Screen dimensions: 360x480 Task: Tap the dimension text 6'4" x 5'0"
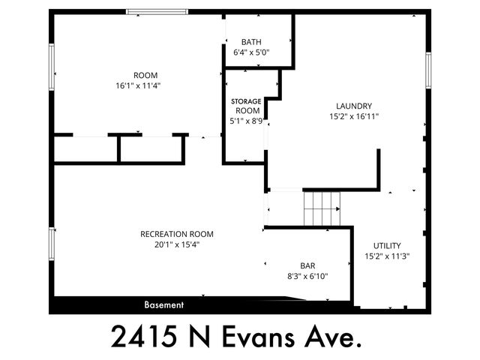[x=251, y=52]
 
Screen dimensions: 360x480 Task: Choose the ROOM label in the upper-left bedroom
[x=145, y=74]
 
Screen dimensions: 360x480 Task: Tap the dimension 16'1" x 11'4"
[x=145, y=85]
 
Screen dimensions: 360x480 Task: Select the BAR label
[x=307, y=265]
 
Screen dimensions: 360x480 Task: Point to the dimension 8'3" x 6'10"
[x=307, y=276]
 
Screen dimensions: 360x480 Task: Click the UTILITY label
[x=387, y=245]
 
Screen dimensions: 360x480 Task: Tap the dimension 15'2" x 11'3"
[x=387, y=256]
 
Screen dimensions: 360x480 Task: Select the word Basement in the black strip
[x=164, y=305]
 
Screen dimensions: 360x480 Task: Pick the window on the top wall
[x=157, y=11]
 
